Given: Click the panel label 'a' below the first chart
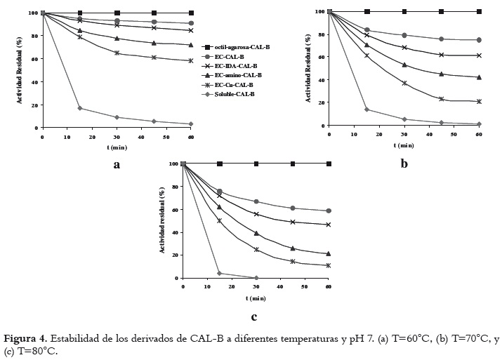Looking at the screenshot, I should pos(117,166).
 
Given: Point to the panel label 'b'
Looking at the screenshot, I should pos(404,163).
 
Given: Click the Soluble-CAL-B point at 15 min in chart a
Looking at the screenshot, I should pos(80,108).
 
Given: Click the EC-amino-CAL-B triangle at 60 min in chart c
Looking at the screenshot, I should pos(329,253).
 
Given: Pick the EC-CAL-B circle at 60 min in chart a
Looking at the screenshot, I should pos(191,23).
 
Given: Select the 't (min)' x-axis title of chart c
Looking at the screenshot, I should pos(256,298).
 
